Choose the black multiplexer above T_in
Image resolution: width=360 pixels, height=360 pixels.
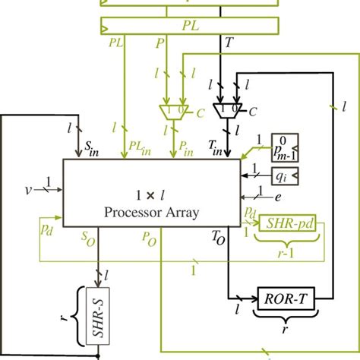(226, 112)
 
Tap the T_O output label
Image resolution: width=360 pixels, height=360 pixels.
(219, 237)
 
